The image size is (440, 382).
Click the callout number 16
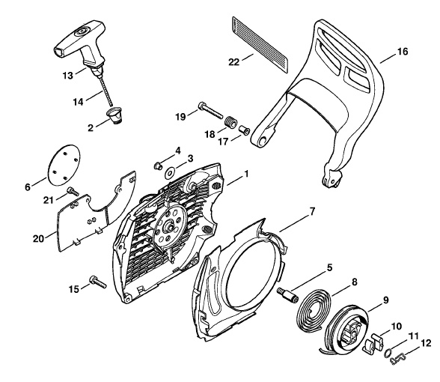tap(403, 52)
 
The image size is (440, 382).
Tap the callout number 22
tap(234, 61)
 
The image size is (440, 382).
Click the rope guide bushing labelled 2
tap(115, 115)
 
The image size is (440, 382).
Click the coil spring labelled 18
tap(231, 122)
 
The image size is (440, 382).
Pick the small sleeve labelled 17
tap(244, 130)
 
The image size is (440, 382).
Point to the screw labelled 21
tap(73, 192)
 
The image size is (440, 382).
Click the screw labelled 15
tap(98, 282)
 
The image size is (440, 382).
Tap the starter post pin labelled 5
tap(287, 294)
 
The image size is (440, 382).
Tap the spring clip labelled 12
tap(397, 360)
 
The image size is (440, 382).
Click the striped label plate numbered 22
tap(260, 44)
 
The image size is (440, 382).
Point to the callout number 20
tap(38, 240)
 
